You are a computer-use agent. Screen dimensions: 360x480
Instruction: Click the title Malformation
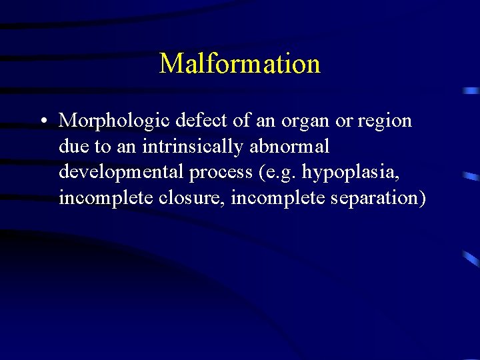click(240, 64)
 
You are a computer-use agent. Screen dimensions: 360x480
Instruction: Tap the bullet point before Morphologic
click(42, 121)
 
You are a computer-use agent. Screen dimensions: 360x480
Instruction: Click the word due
click(73, 146)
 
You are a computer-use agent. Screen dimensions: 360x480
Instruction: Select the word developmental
click(122, 172)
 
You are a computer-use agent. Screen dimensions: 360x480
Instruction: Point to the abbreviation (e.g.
click(277, 173)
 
